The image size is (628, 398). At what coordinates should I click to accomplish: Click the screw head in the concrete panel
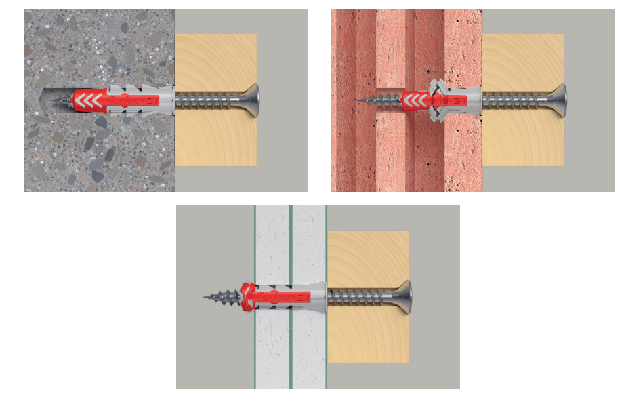(x=251, y=100)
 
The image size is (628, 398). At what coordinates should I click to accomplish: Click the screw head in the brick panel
(x=559, y=100)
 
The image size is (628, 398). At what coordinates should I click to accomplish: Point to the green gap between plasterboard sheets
(x=289, y=244)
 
